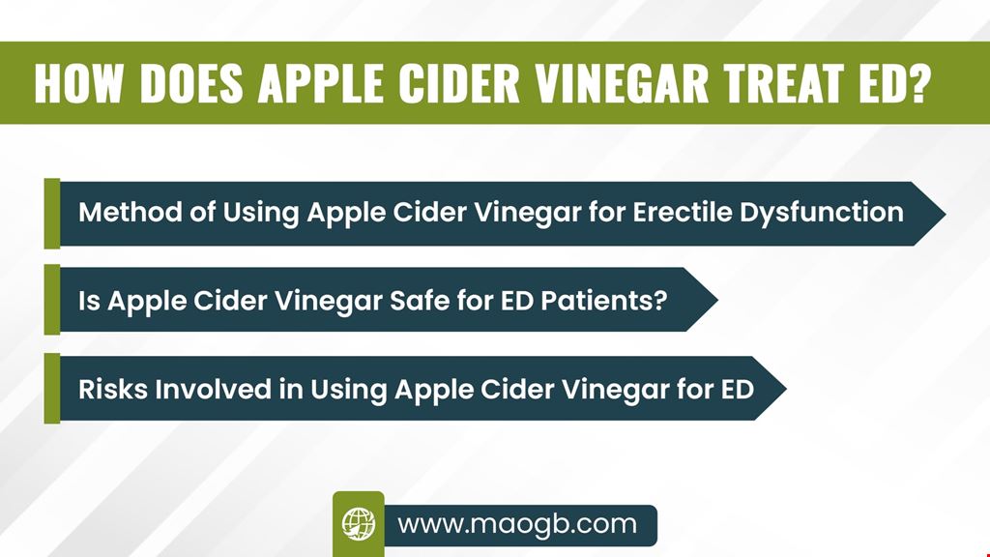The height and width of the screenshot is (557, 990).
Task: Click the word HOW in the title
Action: click(77, 83)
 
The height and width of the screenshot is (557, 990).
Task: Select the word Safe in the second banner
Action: click(419, 301)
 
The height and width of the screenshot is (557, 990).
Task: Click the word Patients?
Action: click(603, 301)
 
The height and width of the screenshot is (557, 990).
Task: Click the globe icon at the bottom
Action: click(359, 524)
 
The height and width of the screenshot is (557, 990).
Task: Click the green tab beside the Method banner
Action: click(52, 213)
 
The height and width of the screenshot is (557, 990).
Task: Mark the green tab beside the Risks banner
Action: click(52, 388)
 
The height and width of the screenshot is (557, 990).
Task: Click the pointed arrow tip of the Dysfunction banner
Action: click(946, 214)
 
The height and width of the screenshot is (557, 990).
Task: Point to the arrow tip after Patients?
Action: click(718, 300)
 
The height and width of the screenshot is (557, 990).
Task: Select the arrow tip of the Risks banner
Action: click(786, 388)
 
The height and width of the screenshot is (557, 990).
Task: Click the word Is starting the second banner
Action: click(89, 301)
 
